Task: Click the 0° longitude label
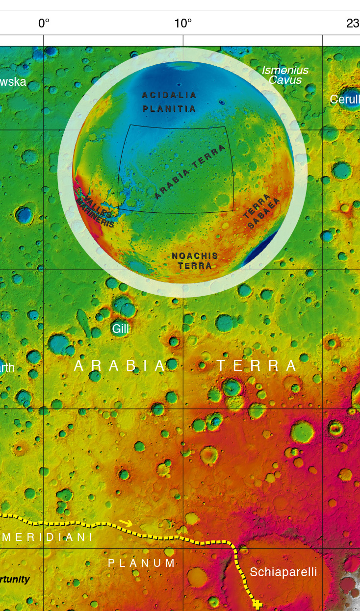44,23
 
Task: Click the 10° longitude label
183,23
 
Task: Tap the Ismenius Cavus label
285,75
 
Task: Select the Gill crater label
120,329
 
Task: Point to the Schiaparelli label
283,572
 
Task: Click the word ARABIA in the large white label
120,365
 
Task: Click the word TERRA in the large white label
257,365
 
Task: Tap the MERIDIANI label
48,537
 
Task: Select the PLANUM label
142,563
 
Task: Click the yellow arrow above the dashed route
126,523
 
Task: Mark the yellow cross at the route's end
257,605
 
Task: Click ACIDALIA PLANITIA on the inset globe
169,102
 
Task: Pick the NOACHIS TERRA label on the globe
195,261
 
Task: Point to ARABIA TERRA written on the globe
190,172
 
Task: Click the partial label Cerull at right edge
345,100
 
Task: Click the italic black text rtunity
15,580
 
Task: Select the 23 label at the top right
353,23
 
